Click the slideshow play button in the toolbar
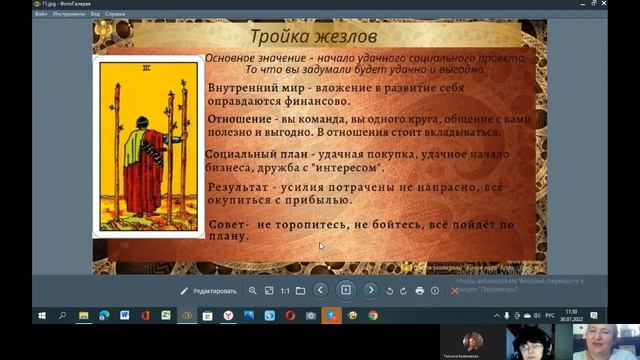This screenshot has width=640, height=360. point(345,290)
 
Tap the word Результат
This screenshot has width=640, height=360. point(236,187)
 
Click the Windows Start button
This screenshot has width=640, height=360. point(40,315)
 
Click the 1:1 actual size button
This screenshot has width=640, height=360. point(285,290)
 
